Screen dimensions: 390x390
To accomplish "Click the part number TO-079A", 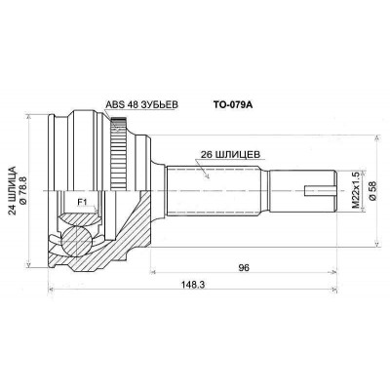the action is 233,105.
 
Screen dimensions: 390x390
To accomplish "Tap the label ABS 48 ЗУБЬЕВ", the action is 142,104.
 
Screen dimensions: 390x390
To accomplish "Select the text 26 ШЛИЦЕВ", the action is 230,154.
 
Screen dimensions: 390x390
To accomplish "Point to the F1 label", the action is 82,203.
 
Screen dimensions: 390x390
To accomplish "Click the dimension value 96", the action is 244,267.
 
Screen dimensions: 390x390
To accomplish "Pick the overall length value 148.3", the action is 193,285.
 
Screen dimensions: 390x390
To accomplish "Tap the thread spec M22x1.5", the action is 356,191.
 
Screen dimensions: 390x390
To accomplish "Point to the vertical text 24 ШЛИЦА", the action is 12,191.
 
